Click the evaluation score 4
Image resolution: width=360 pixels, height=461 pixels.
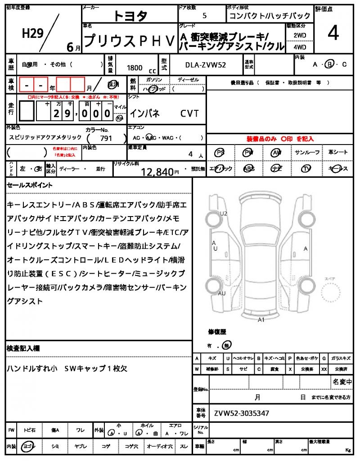pos(333,34)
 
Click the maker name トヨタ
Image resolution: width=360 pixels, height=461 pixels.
pos(130,16)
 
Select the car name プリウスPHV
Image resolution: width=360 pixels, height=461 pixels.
pos(130,41)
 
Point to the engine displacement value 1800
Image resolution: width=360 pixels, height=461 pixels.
pos(135,68)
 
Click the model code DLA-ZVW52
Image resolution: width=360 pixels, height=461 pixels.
pos(206,65)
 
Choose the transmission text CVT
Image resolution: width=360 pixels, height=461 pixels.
pos(189,113)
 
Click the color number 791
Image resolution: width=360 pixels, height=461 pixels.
pos(106,139)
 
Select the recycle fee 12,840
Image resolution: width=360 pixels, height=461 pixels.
pos(157,171)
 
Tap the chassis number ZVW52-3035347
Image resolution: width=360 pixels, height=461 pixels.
pos(242,412)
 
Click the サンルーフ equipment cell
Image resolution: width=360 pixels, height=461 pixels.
pos(307,153)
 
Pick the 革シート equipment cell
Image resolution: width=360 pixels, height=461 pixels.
pos(338,153)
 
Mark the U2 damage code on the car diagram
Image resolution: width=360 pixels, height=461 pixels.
pos(224,213)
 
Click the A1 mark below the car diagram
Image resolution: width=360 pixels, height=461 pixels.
pos(261,320)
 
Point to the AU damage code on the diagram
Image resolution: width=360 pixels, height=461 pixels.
pos(221,294)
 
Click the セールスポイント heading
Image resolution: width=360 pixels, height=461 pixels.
pos(30,185)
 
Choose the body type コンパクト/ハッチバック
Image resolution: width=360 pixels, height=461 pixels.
pos(254,16)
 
